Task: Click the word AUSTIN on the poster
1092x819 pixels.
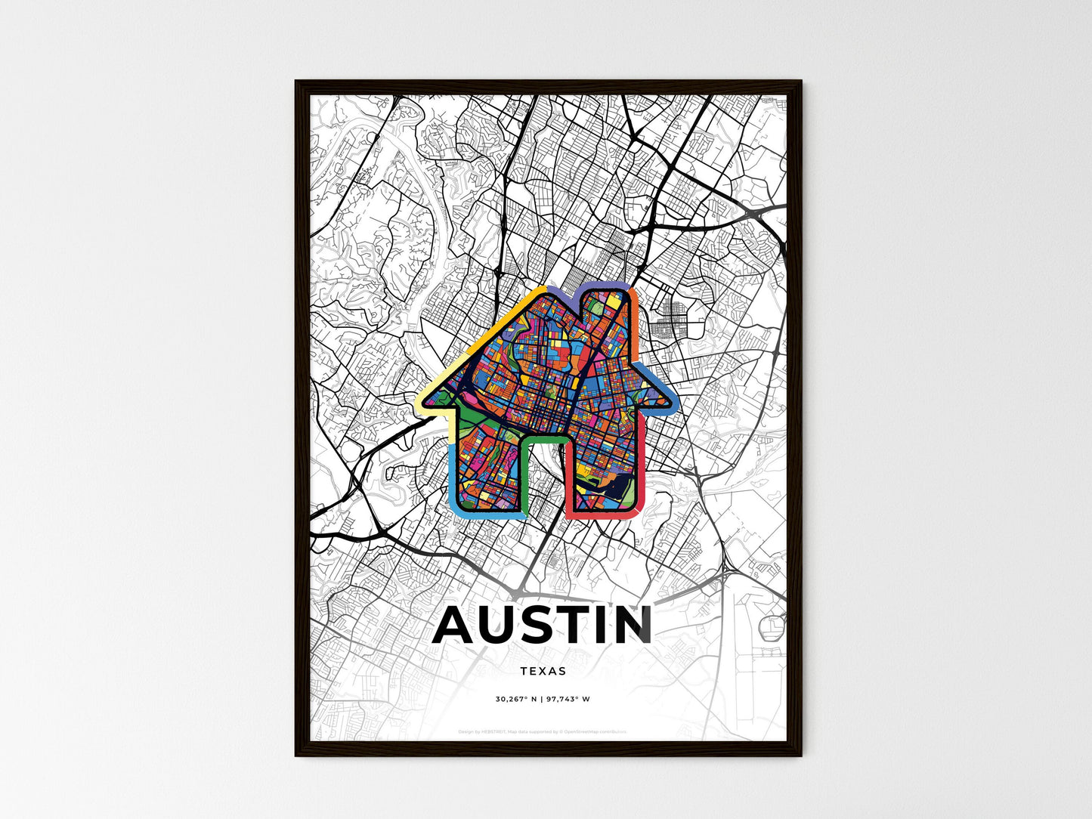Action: pos(543,626)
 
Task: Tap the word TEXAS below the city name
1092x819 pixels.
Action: pos(543,671)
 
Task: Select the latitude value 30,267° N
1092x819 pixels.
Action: pos(516,699)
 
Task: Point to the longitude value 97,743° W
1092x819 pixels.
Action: pos(570,699)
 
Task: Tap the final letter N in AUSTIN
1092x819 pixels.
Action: pos(633,626)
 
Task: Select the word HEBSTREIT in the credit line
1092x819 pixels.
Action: pos(497,731)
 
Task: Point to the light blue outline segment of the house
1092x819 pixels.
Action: pos(452,476)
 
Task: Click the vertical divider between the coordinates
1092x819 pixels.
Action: pos(543,699)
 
